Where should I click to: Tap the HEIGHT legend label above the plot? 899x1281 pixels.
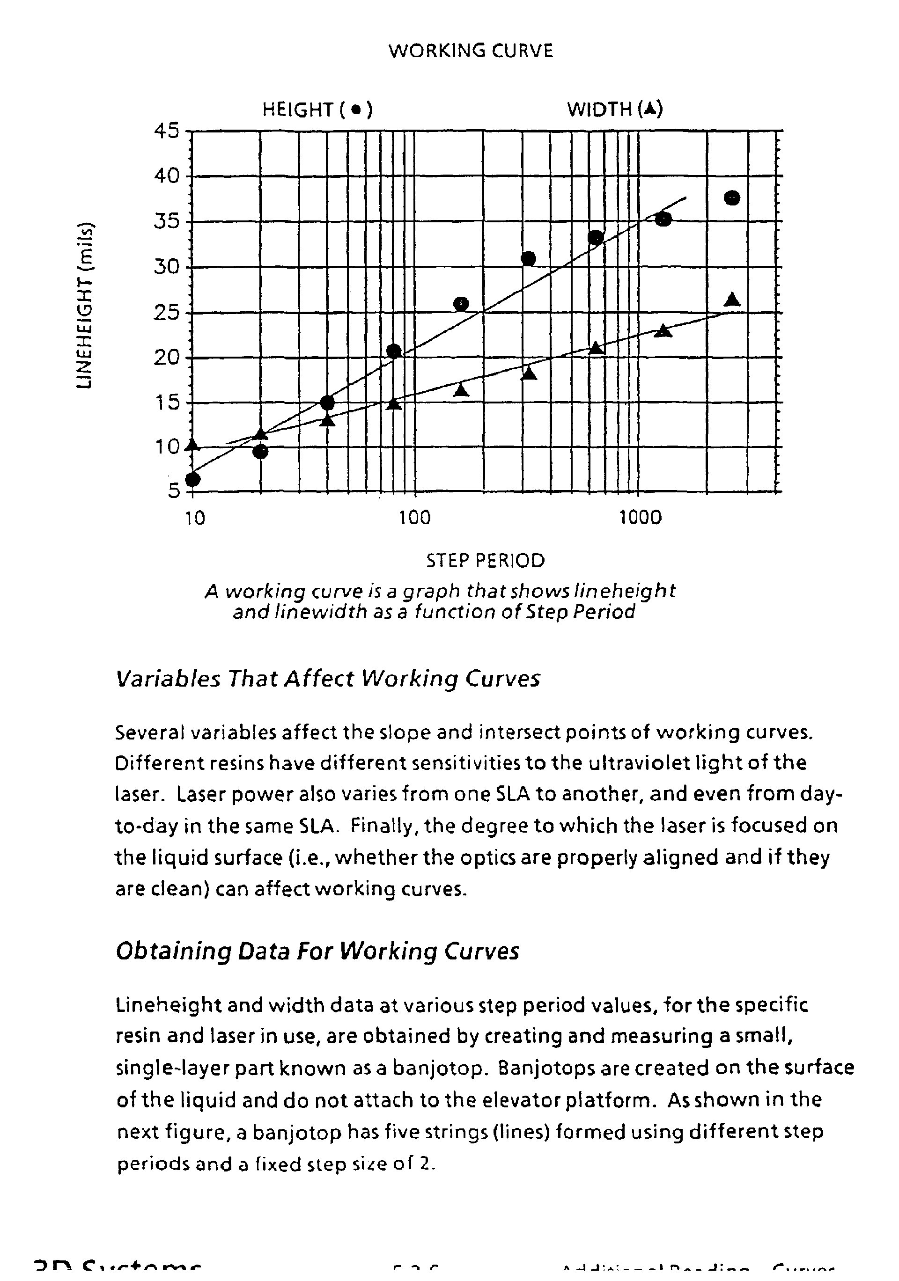(x=317, y=110)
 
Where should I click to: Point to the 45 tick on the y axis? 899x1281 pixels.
(x=167, y=131)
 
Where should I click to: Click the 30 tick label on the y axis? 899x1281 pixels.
(x=167, y=267)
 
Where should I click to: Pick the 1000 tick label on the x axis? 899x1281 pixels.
(x=640, y=518)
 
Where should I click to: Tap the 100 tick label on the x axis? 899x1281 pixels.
(x=415, y=518)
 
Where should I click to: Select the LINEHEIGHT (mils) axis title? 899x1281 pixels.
(x=85, y=305)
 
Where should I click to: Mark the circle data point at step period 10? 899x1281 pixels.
(x=192, y=479)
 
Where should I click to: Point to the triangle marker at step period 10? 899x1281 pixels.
(x=192, y=445)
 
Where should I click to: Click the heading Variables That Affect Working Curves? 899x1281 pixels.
(x=328, y=679)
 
